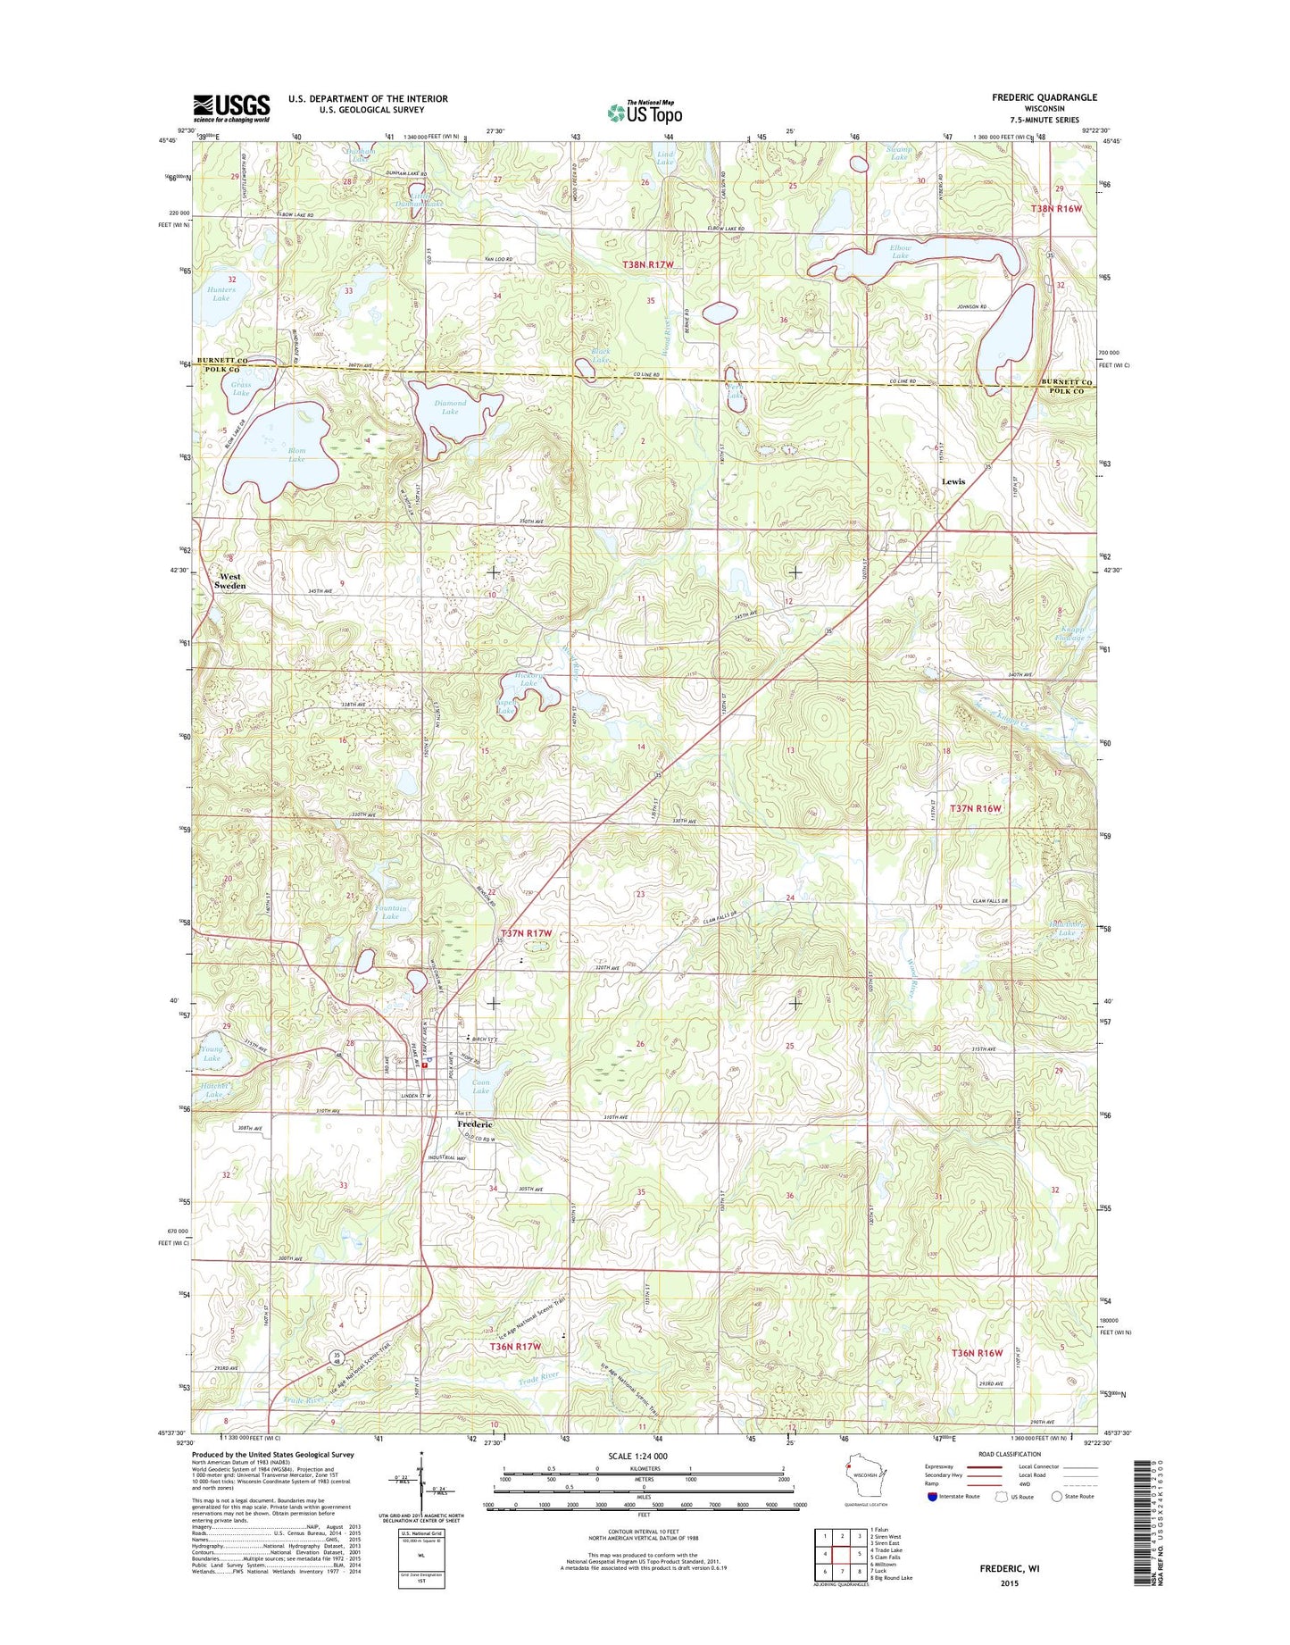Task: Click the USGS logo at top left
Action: pos(230,108)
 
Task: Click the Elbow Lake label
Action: pos(900,252)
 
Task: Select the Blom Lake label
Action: pos(295,455)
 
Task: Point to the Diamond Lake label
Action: pos(450,407)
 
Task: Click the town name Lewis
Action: pos(953,481)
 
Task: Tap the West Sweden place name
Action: pos(230,580)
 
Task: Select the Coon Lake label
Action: pos(480,1087)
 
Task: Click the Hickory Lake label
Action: pos(528,680)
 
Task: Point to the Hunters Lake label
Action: pos(221,294)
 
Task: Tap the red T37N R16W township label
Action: pos(976,808)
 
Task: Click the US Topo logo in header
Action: pos(645,112)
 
